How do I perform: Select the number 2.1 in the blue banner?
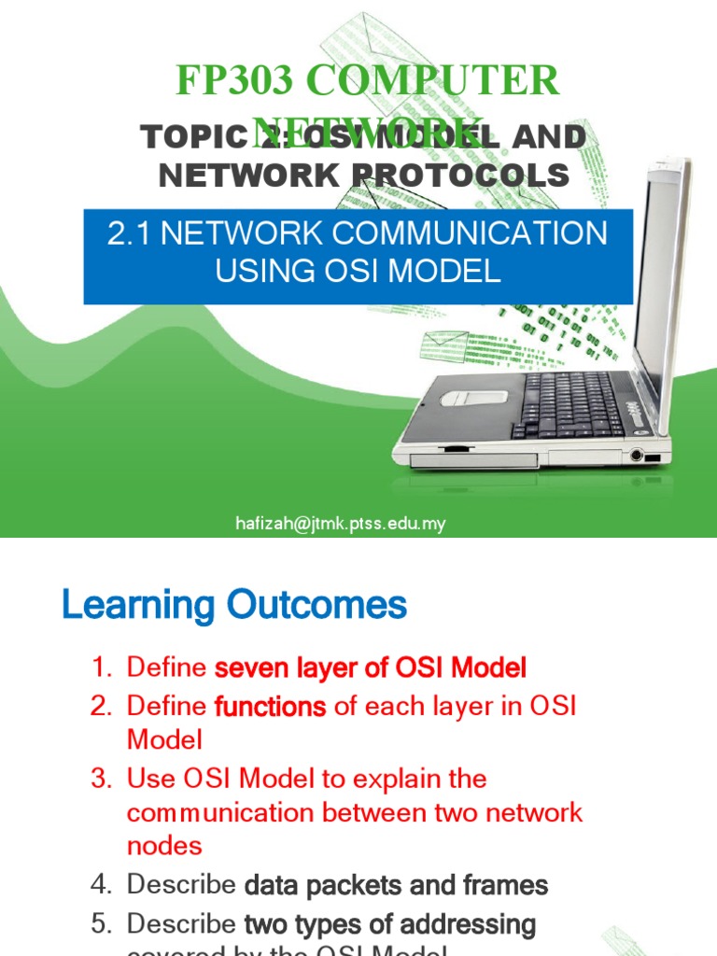tap(130, 233)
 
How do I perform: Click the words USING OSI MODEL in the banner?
tap(358, 271)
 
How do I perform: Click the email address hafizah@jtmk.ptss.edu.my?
tap(340, 524)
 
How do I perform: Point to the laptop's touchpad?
tap(473, 396)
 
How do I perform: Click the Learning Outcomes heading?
tap(234, 606)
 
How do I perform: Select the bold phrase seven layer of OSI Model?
tap(371, 668)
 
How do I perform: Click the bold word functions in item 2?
tap(270, 707)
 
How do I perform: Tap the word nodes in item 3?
tap(164, 846)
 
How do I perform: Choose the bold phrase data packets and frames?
tap(396, 885)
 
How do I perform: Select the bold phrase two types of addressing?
tap(389, 924)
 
